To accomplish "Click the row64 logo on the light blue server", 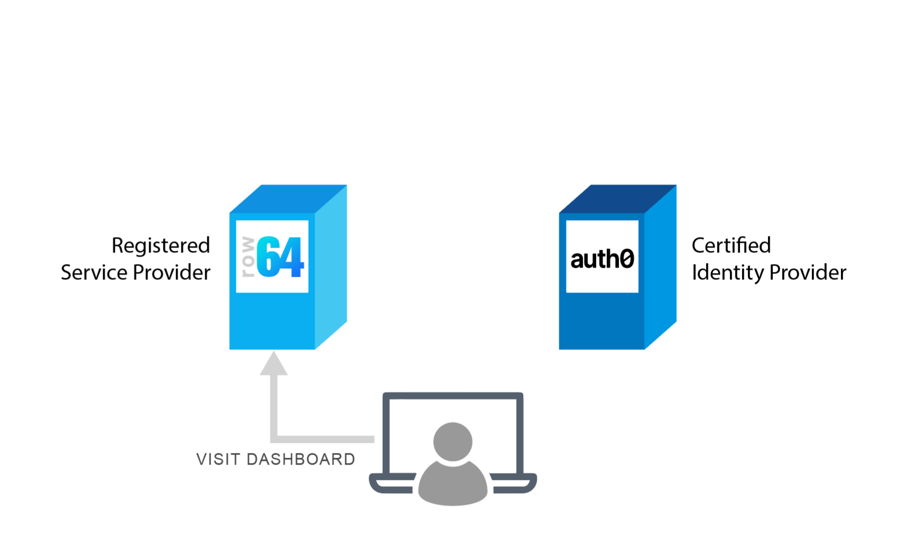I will point(272,257).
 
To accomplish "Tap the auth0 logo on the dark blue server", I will point(602,258).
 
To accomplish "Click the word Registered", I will point(161,246).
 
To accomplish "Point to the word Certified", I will point(731,246).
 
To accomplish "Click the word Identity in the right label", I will point(728,273).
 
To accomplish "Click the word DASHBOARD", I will point(301,459).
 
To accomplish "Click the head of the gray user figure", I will point(452,441).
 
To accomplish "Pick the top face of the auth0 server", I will point(617,199).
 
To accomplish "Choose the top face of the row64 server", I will point(288,199).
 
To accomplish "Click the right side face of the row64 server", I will point(331,267).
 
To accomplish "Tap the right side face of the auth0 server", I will point(661,267).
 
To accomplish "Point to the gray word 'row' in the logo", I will point(247,257).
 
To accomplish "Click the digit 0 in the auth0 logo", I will point(626,259).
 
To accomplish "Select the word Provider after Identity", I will point(807,273).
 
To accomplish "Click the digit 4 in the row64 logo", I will point(291,258).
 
